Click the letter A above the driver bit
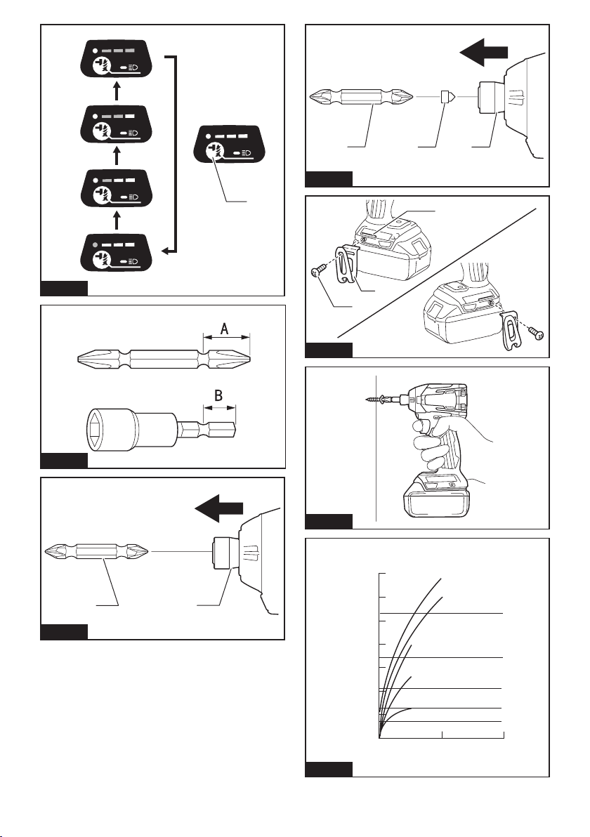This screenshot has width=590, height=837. point(225,329)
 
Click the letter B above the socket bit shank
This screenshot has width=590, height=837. point(218,396)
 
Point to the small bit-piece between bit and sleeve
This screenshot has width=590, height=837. point(447,97)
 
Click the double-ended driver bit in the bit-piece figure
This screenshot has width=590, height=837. point(362,97)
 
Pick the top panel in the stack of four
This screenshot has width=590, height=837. point(115,59)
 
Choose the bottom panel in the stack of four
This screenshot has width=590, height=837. point(115,253)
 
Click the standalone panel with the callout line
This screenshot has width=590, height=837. point(230,144)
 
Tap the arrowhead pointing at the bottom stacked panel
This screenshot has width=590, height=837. point(166,251)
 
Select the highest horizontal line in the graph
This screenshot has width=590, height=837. point(441,613)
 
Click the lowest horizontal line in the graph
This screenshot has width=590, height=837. point(441,721)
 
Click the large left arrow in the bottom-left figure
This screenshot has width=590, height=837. point(219,507)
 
